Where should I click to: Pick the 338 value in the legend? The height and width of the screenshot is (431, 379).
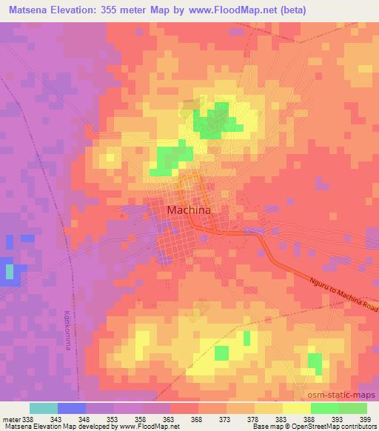click(23, 418)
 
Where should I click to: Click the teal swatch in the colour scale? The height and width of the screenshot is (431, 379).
click(44, 408)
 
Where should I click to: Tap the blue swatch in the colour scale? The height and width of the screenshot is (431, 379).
click(72, 408)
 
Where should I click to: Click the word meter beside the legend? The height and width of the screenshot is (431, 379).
click(8, 418)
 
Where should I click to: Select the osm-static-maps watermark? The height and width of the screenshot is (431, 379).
click(346, 396)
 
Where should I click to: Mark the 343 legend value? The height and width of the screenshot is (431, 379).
click(57, 418)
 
